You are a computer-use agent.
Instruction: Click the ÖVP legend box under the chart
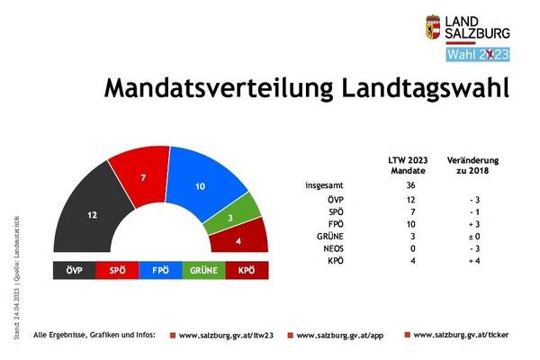[x=80, y=269]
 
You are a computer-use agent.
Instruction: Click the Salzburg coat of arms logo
[x=433, y=30]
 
